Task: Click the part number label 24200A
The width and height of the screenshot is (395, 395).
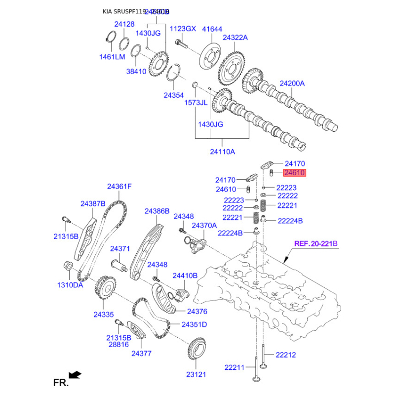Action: [292, 83]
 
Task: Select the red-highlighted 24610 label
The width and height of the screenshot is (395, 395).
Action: [295, 173]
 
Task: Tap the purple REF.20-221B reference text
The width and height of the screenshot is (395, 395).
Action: [316, 243]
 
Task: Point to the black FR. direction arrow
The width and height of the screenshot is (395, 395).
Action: [75, 375]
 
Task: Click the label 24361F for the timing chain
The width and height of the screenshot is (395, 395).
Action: [119, 187]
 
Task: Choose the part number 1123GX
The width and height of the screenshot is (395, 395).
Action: [183, 29]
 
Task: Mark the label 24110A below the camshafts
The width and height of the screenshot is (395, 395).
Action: [223, 152]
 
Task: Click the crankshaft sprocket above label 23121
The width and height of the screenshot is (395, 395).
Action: [197, 351]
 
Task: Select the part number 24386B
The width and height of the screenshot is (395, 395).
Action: [157, 211]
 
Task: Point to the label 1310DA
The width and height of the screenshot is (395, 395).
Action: [70, 285]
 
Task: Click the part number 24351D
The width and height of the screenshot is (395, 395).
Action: [194, 324]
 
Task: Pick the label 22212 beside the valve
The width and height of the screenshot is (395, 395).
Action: [286, 355]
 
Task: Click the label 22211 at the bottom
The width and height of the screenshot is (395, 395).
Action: [235, 367]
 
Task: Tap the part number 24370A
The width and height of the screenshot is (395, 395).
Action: [204, 225]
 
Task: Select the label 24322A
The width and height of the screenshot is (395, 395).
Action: [235, 38]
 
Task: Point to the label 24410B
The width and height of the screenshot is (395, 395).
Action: [185, 276]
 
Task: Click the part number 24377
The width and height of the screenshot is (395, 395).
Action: [141, 354]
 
